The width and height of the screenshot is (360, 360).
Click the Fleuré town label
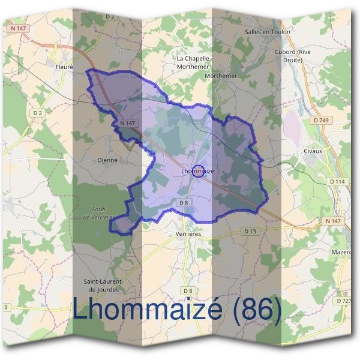[63, 67]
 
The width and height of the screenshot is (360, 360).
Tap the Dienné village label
[108, 160]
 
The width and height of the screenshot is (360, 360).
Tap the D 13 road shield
[250, 231]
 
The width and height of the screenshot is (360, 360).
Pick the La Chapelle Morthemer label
[193, 62]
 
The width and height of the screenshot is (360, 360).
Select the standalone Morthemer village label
[221, 76]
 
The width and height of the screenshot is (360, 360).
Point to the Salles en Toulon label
[268, 31]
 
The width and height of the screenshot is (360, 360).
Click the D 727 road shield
[344, 301]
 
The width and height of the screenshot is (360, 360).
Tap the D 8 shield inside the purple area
[184, 203]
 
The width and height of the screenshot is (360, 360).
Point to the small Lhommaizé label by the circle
[197, 171]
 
